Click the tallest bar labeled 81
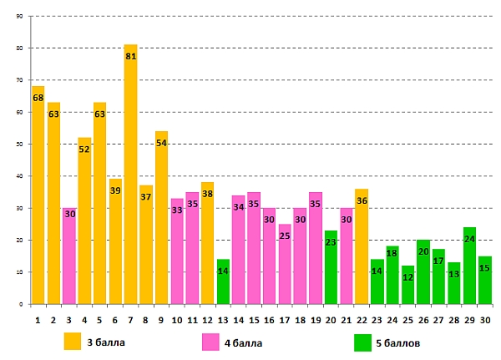point(130,175)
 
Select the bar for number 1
point(38,196)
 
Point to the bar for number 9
point(161,217)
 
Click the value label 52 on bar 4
point(84,150)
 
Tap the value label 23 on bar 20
point(331,242)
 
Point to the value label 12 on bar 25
point(407,276)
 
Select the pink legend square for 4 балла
point(211,342)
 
